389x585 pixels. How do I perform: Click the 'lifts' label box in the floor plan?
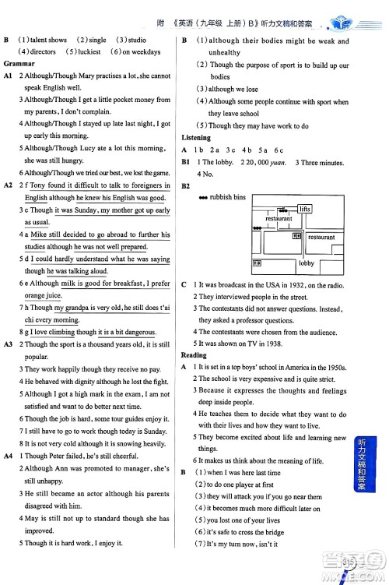[304, 209]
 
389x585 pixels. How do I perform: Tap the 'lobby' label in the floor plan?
[306, 263]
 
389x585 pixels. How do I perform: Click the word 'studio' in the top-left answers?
[137, 40]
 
